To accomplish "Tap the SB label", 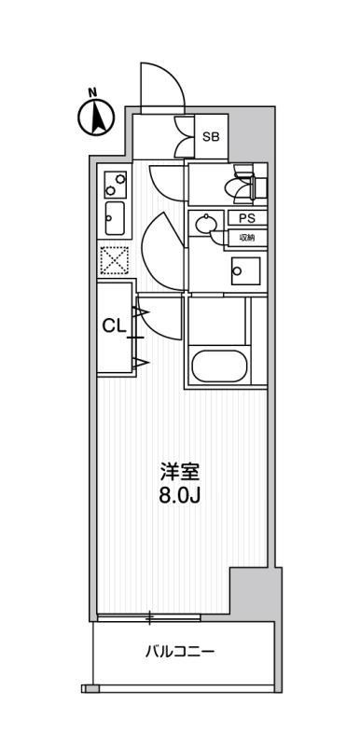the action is pos(211,137).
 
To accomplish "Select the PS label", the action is pos(246,218).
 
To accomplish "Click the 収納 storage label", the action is pos(246,237).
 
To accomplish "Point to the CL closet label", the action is pos(115,325).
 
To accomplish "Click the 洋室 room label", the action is pos(179,472).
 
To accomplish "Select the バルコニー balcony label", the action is pos(180,651).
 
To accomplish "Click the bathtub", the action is pos(219,366).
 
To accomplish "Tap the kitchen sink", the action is pos(115,218).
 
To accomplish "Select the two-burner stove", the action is pos(116,185).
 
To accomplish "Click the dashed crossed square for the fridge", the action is pos(115,260).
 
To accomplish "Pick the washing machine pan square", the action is pos(246,271).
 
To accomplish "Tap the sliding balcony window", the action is pos(148,617).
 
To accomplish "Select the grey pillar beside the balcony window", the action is pos(251,592).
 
